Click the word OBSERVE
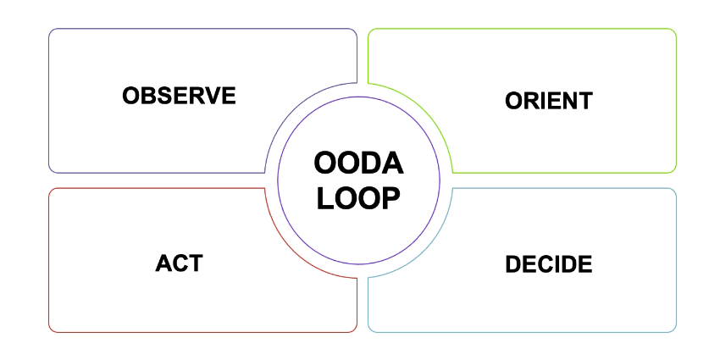point(179,95)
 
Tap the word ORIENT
point(548,101)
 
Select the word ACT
point(179,263)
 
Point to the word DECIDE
point(548,264)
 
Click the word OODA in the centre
point(358,163)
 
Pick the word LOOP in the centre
point(358,197)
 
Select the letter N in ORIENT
point(569,101)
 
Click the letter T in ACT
point(195,263)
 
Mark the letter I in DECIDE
point(560,264)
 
